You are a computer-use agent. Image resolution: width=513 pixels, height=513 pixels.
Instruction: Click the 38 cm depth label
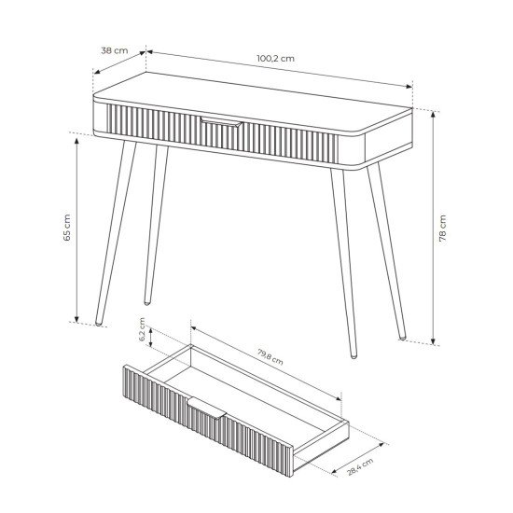click(x=114, y=50)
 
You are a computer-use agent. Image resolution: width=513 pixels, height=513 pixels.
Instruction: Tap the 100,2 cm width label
click(x=275, y=59)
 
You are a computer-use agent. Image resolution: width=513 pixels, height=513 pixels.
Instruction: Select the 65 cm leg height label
click(x=67, y=228)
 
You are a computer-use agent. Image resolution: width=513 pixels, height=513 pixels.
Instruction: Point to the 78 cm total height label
click(x=442, y=229)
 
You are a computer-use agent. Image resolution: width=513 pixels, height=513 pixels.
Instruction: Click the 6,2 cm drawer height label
click(x=142, y=329)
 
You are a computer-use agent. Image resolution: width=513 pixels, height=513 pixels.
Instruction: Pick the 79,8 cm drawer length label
click(x=270, y=357)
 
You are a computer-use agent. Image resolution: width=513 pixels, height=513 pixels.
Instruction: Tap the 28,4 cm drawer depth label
click(x=360, y=466)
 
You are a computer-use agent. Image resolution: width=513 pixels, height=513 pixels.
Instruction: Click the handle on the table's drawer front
click(x=221, y=121)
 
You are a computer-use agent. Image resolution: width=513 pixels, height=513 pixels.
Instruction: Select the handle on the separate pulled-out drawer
click(x=206, y=408)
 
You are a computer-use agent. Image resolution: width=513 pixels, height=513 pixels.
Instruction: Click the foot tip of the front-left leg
click(x=98, y=324)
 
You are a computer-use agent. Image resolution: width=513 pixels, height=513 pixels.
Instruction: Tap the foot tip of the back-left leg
click(x=146, y=303)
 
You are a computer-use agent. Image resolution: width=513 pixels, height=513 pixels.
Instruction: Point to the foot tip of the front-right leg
click(x=354, y=356)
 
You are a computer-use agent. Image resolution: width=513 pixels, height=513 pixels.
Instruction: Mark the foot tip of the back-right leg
click(x=402, y=338)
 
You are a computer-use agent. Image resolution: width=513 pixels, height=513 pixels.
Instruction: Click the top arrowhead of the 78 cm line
click(x=433, y=114)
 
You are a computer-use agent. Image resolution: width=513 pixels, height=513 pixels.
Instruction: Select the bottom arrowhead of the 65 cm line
click(x=76, y=319)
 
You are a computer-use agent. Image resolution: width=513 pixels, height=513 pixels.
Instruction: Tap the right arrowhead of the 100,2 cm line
click(x=409, y=87)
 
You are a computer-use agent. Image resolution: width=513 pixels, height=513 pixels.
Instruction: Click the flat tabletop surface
click(x=252, y=103)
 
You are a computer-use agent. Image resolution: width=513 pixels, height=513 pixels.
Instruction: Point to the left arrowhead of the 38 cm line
click(x=97, y=72)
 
